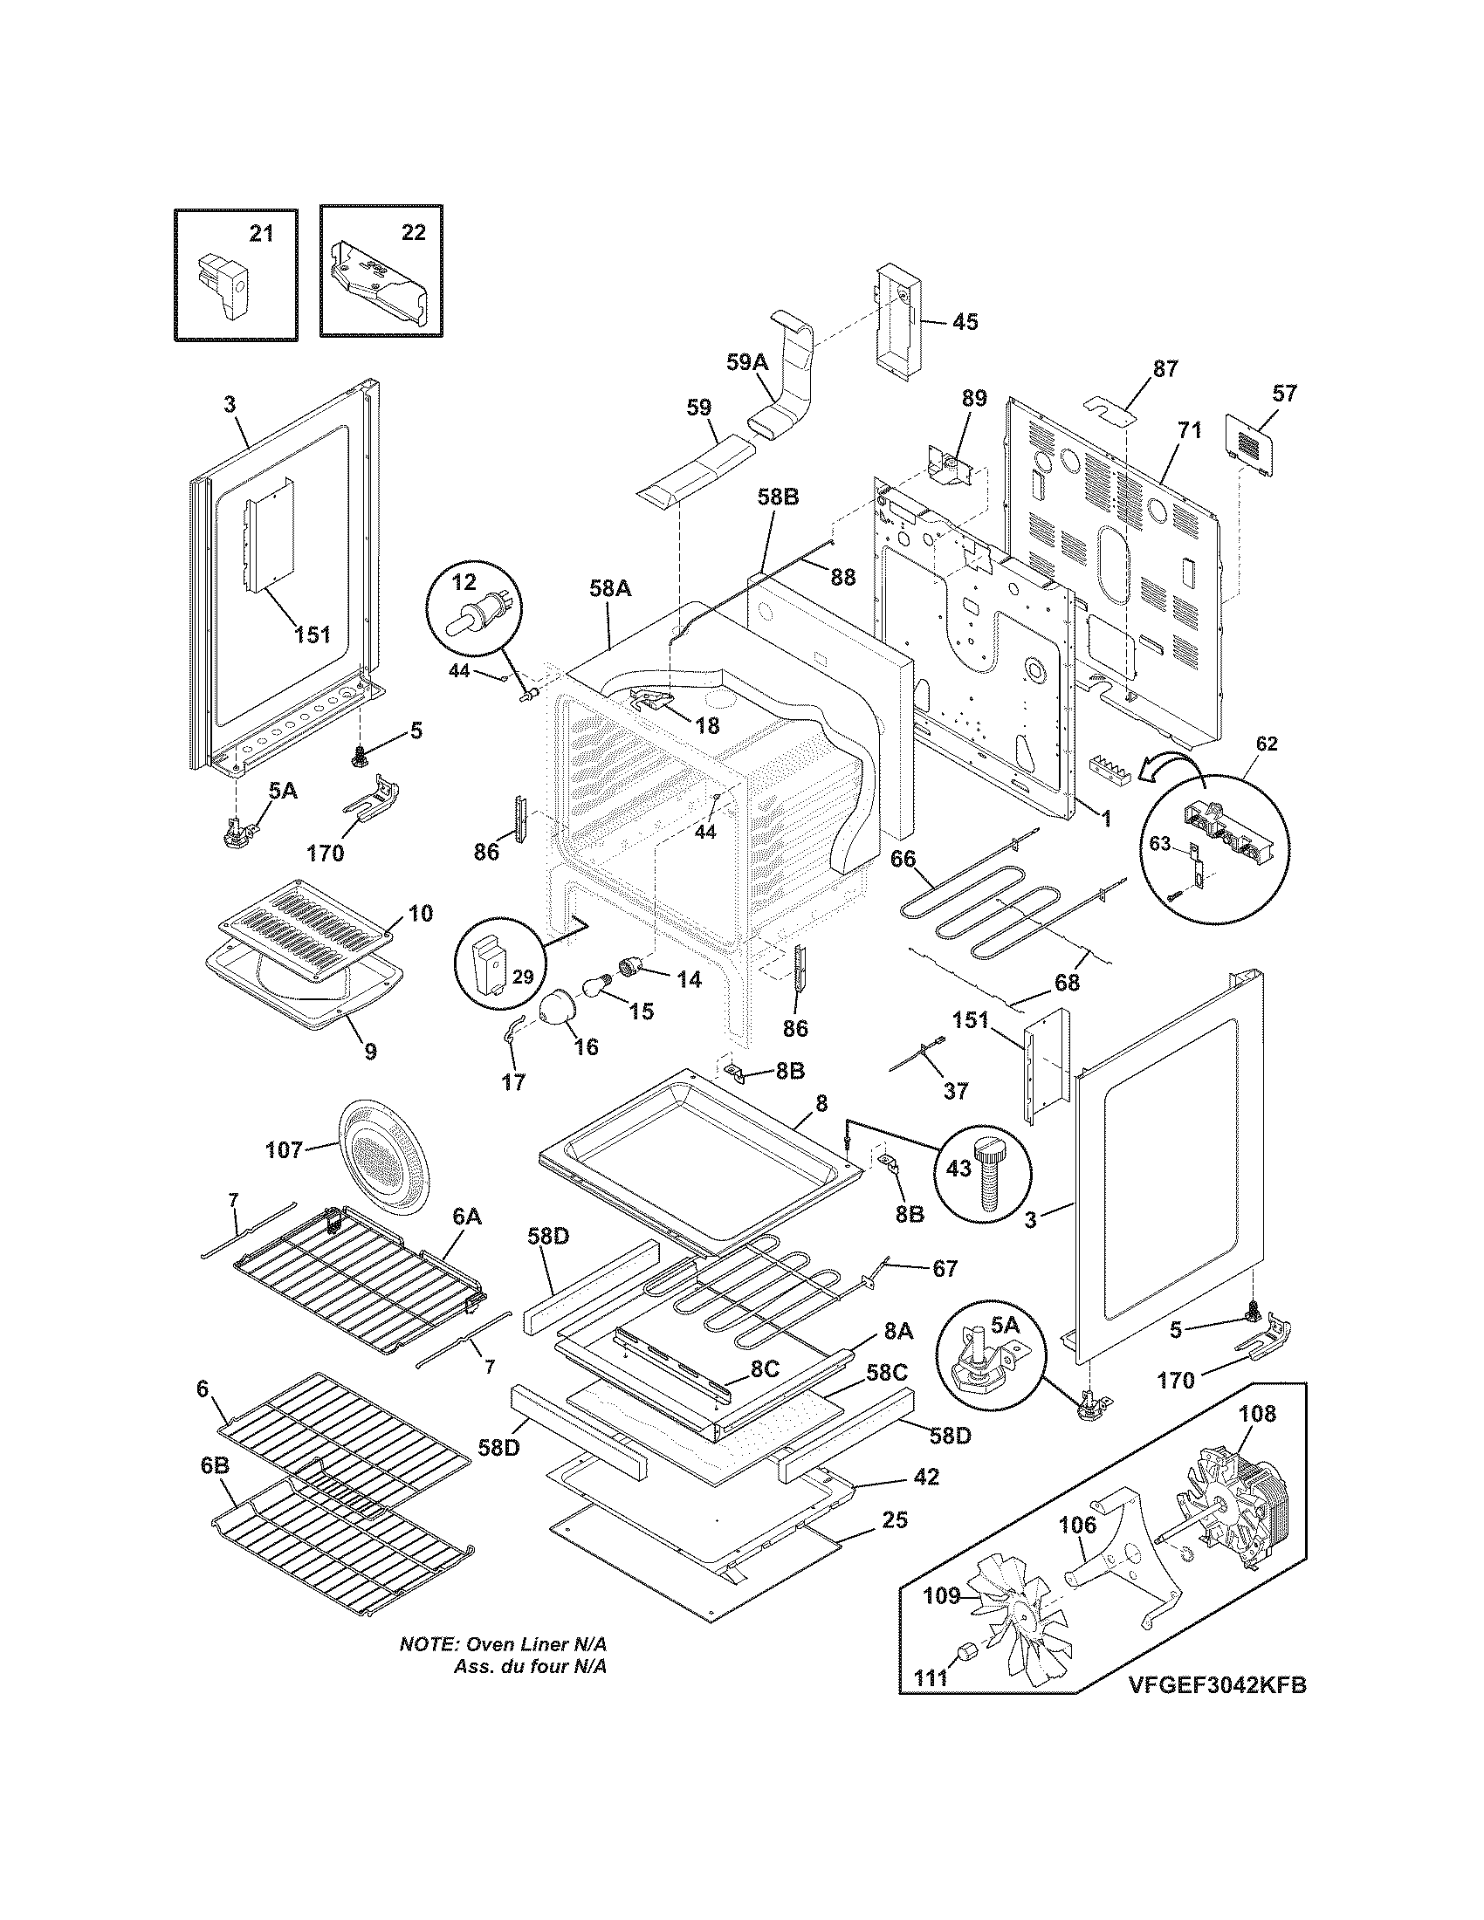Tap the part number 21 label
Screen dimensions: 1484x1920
click(261, 233)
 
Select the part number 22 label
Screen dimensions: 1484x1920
click(413, 232)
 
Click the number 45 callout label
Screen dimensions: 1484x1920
click(965, 322)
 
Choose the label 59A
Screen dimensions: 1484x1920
click(748, 361)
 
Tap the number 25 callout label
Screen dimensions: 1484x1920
click(895, 1519)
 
